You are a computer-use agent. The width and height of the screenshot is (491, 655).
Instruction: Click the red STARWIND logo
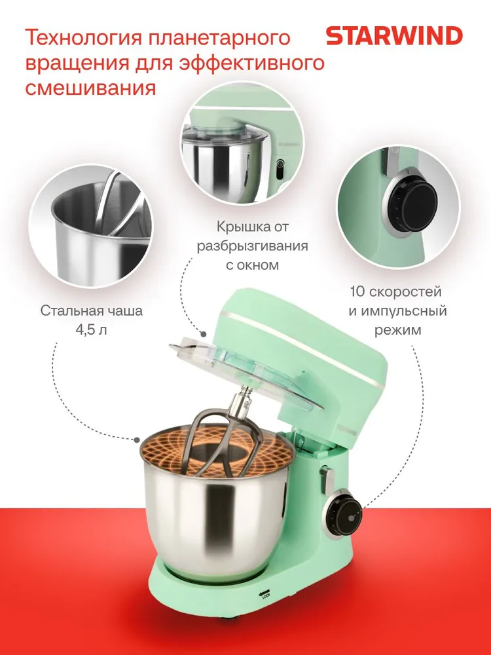point(394,36)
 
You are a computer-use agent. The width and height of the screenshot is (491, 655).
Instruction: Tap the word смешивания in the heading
point(90,88)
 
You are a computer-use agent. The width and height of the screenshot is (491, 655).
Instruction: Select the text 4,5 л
point(91,329)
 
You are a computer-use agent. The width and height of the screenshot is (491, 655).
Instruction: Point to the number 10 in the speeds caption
point(358,291)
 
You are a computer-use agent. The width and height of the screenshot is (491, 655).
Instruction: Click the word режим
point(397,330)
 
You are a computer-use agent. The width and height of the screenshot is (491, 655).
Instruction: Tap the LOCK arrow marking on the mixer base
point(265,593)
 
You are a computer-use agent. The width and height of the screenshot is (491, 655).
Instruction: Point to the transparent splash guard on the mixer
point(246,373)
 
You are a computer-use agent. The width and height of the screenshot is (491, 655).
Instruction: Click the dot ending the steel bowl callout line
point(137,440)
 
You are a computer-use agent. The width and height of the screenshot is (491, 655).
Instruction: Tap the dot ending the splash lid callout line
point(204,334)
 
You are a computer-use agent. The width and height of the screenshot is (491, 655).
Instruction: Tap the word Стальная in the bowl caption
point(67,310)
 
